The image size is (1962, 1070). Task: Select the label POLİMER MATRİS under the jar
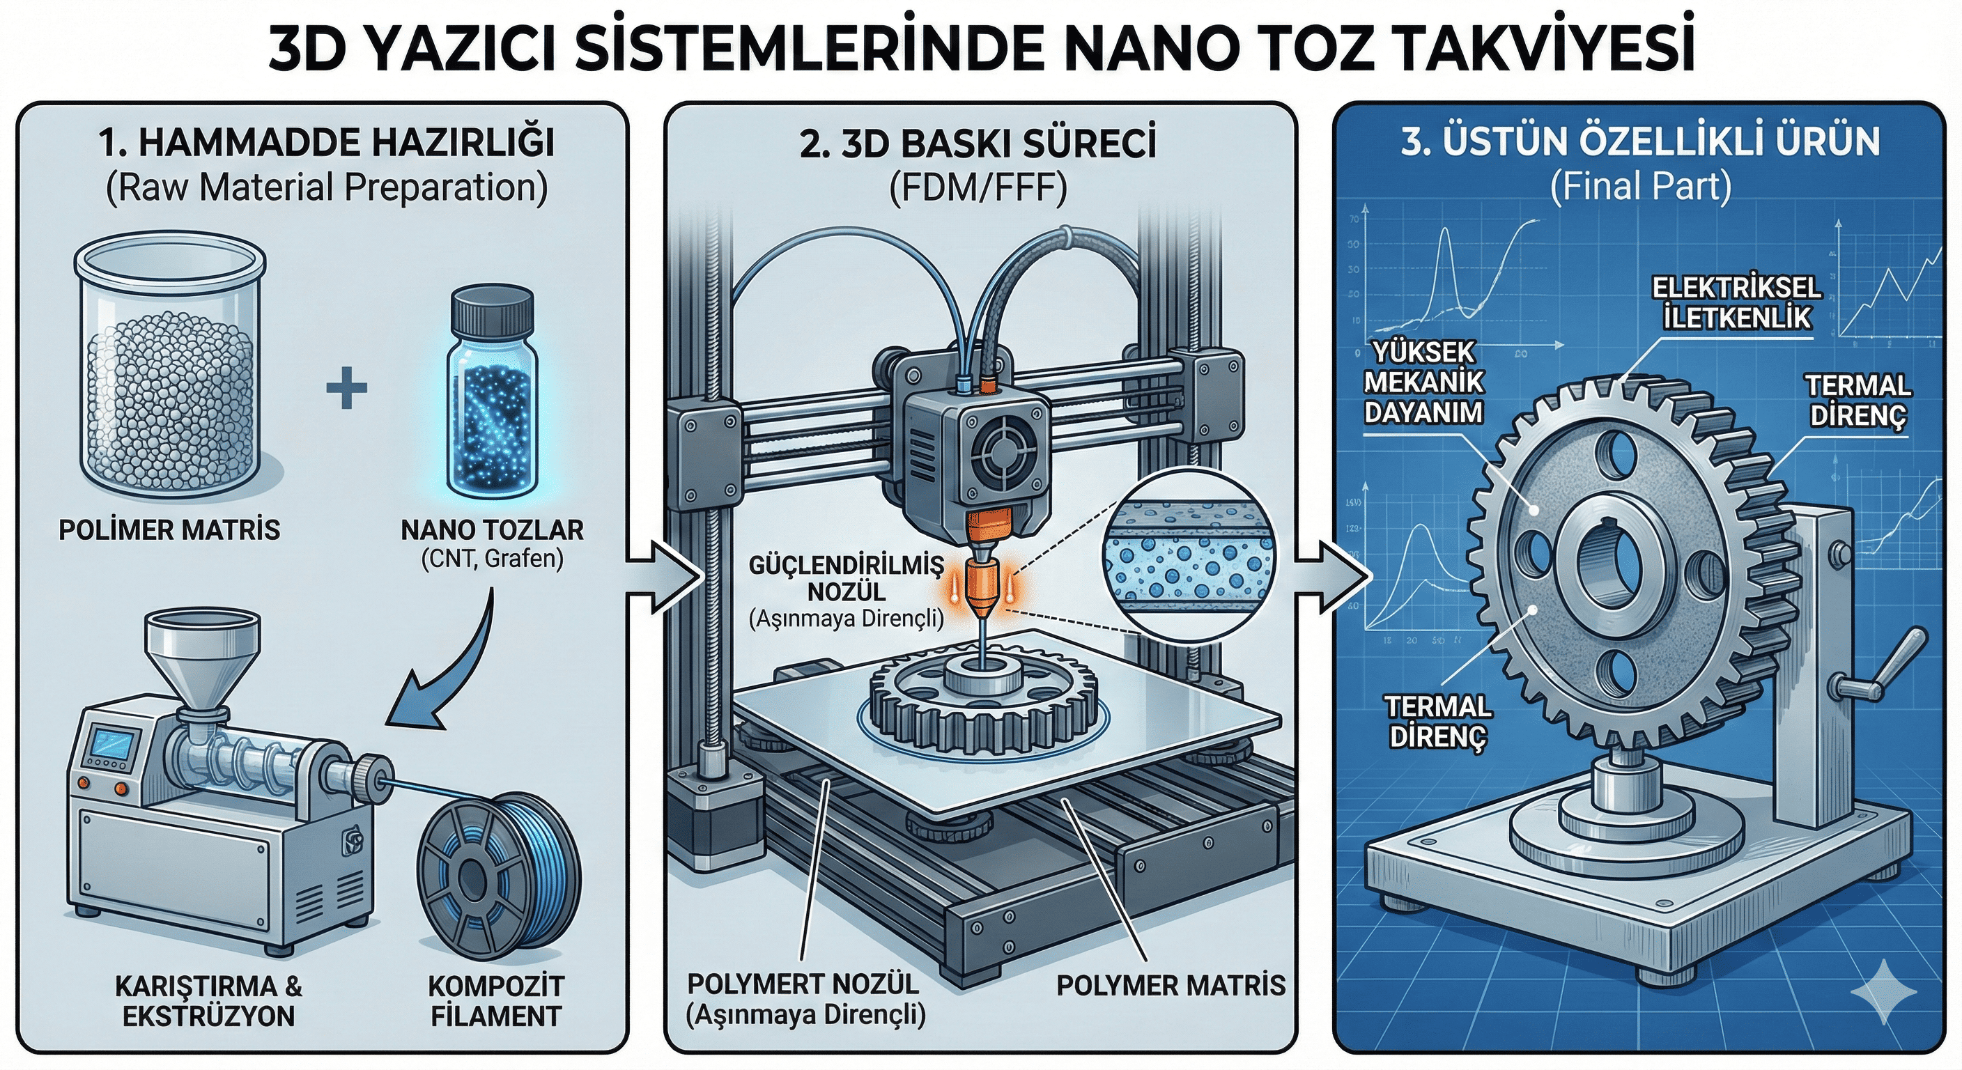tap(169, 529)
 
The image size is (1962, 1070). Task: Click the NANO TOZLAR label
tap(492, 529)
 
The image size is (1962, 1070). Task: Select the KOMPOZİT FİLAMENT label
tap(495, 1001)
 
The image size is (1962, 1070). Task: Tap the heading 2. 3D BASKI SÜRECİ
tap(978, 145)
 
